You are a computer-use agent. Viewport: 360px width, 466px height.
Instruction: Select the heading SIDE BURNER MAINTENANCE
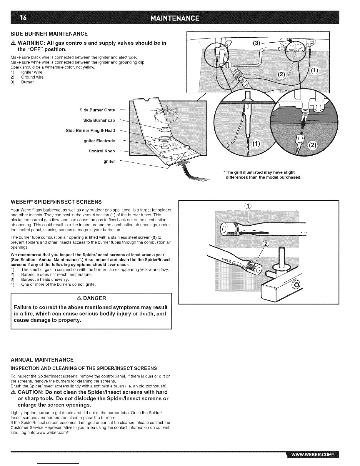point(49,34)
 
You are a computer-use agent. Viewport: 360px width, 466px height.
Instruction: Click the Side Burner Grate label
point(97,110)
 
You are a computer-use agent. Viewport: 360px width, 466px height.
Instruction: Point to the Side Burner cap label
point(99,120)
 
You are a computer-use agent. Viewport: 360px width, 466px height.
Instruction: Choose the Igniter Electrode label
point(99,141)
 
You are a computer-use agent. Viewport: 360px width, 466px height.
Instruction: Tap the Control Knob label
point(102,151)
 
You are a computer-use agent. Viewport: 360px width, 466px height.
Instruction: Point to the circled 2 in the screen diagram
point(266,244)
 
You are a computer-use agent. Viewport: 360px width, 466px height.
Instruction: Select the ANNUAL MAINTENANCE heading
point(42,360)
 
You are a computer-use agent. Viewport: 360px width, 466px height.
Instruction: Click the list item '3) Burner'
point(27,82)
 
